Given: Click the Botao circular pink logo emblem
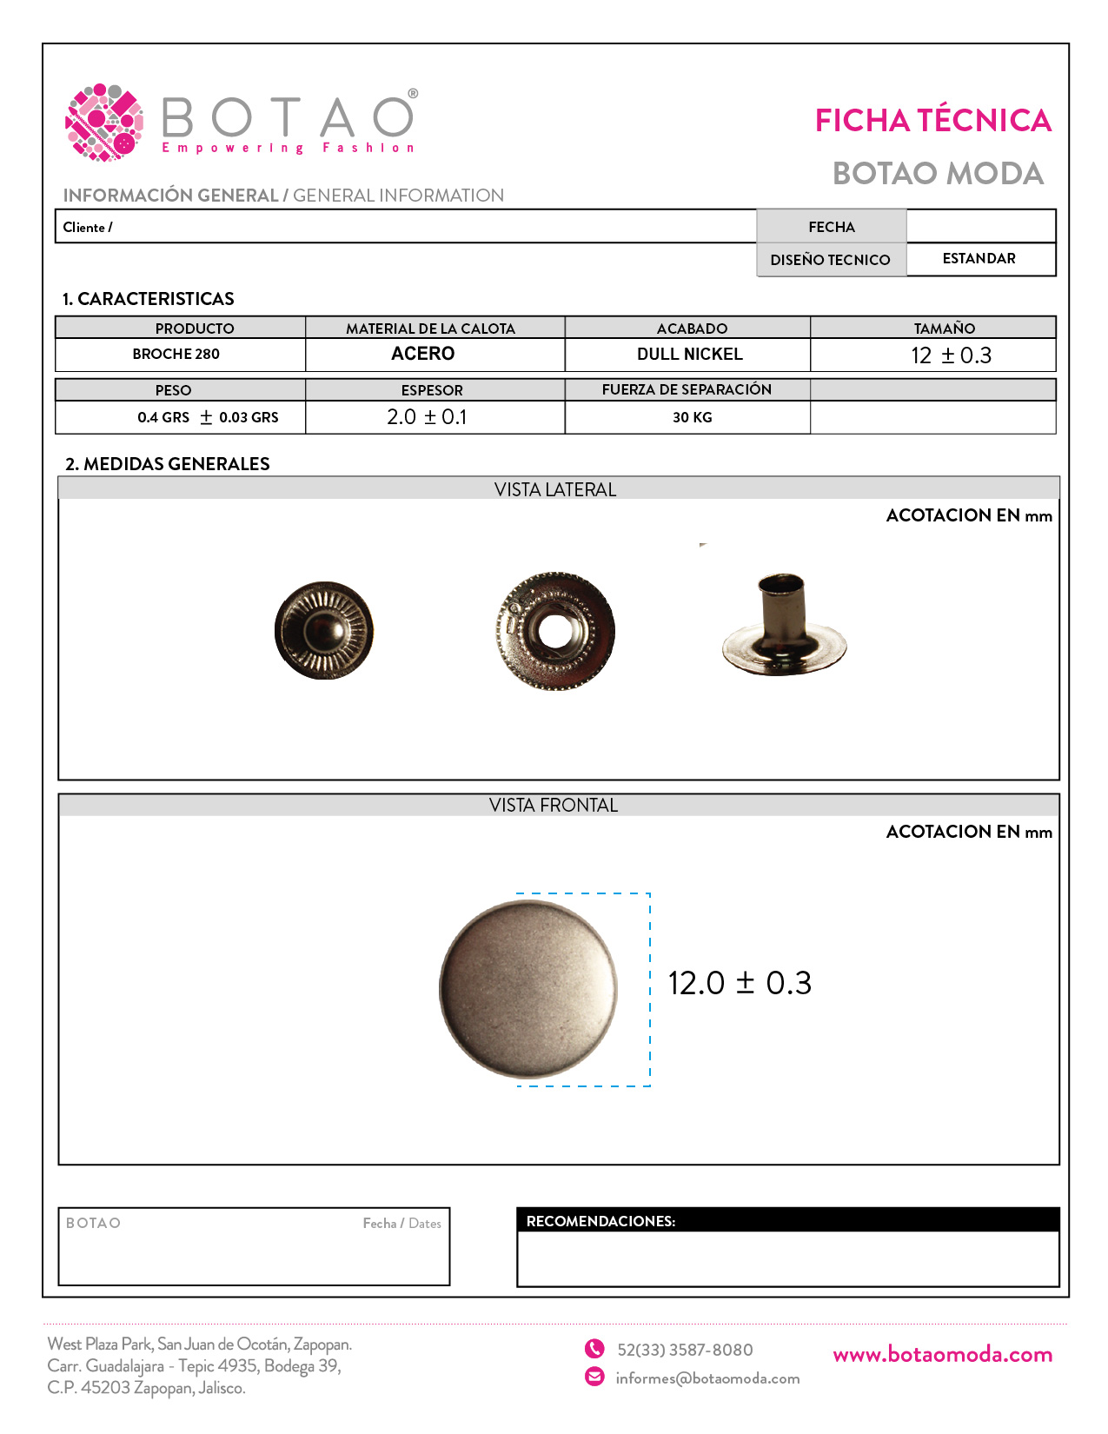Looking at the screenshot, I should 104,123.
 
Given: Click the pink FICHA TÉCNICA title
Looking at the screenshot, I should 932,121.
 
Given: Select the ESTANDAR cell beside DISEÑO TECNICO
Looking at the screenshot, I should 979,259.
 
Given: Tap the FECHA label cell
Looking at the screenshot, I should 831,227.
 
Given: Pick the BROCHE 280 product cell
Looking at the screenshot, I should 176,355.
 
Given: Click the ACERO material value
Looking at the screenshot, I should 423,354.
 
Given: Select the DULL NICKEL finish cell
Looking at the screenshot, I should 689,355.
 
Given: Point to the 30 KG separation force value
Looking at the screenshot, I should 692,418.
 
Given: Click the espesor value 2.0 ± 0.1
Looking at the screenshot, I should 427,417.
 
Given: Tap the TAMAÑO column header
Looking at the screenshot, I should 944,329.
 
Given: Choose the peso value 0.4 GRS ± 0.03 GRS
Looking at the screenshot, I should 208,418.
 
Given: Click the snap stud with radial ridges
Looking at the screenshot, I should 324,630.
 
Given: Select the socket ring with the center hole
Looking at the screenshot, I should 555,631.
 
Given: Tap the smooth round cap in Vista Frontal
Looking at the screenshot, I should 528,989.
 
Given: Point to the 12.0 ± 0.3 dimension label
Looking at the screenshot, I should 740,983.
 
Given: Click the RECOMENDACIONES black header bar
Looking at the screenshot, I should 787,1220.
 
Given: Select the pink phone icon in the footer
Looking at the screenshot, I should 594,1349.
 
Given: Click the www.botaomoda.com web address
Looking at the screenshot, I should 942,1355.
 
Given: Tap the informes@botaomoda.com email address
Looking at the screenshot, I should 707,1378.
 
